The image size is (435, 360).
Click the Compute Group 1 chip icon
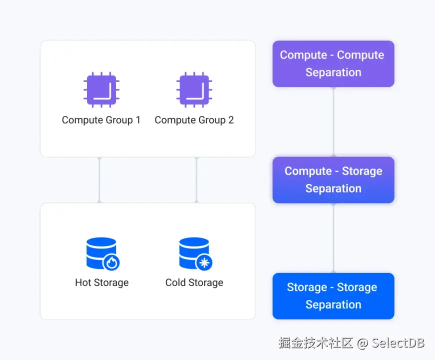point(101,90)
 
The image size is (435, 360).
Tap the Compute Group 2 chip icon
point(194,90)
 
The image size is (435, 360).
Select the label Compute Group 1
point(101,120)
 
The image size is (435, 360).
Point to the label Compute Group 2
point(194,120)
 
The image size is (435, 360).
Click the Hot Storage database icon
point(101,253)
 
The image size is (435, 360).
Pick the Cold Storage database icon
point(194,253)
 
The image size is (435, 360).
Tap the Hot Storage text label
point(101,282)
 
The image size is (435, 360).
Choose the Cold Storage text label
point(194,282)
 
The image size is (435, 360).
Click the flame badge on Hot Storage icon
point(111,262)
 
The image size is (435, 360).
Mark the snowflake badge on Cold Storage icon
point(204,262)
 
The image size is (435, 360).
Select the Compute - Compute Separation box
point(333,63)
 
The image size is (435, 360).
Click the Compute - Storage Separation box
point(333,179)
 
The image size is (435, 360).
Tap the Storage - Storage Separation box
point(333,295)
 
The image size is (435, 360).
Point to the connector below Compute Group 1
point(99,180)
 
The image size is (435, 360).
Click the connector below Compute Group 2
point(196,180)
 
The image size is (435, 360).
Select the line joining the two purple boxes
point(333,122)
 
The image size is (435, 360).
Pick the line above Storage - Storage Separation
point(333,238)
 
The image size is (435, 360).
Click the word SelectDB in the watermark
point(398,342)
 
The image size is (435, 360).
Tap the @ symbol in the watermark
point(362,342)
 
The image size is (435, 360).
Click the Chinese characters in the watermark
point(316,342)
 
